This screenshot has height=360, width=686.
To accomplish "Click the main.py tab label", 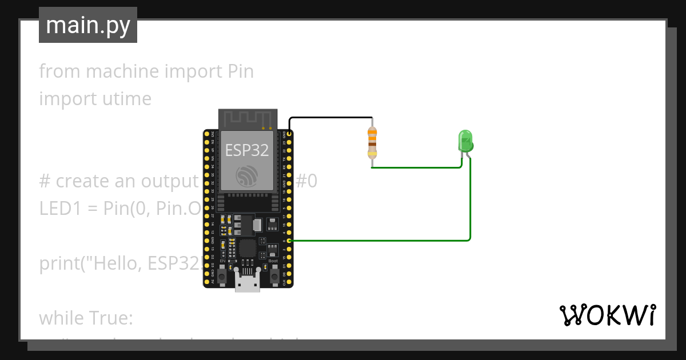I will [87, 25].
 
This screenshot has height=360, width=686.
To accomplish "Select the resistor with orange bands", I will [372, 143].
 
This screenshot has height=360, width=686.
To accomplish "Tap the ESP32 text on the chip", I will [246, 150].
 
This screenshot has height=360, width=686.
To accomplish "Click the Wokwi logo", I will [607, 315].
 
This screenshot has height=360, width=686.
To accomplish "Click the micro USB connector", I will [248, 282].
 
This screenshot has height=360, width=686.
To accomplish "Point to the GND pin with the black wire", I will [290, 134].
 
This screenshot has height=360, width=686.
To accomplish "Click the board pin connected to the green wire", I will [290, 241].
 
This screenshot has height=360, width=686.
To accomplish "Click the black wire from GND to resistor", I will [332, 118].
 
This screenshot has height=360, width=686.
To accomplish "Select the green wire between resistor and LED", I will [417, 167].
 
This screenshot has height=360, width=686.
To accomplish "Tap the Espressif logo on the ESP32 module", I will [246, 175].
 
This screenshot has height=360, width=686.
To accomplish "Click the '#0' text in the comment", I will [306, 181].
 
